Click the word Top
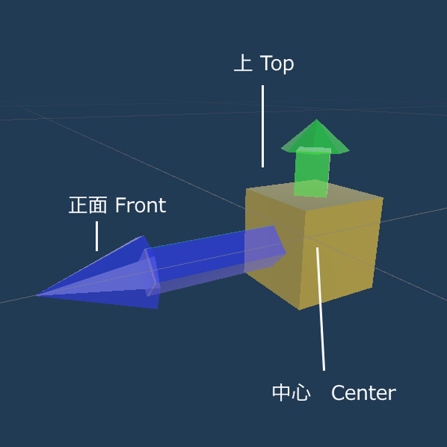pos(277,64)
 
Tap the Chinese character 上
pos(243,63)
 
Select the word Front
pos(141,205)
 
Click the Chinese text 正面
pos(88,205)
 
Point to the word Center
pos(363,393)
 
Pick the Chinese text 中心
pos(291,393)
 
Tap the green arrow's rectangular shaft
pos(312,172)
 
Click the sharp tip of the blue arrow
pos(36,296)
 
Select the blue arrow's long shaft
pos(216,260)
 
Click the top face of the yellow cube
pos(314,196)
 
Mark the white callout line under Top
pos(262,126)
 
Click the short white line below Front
pos(97,236)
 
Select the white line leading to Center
pos(321,309)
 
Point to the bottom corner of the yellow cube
pos(299,309)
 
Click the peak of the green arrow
pos(317,119)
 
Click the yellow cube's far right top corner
pos(383,198)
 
